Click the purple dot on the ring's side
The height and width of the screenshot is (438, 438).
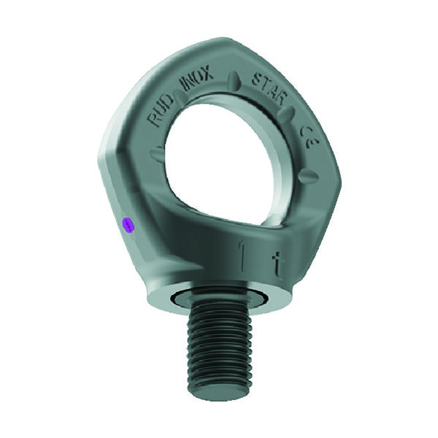coord(128,225)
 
